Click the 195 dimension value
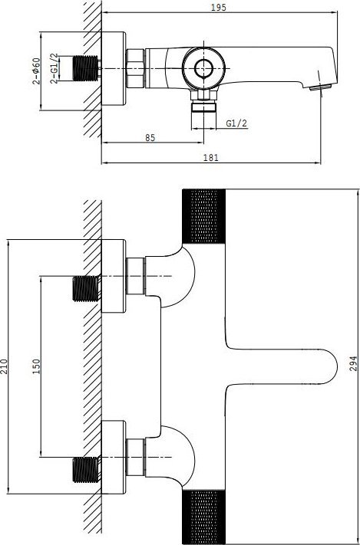coord(219,7)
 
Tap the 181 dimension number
coord(210,157)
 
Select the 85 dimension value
coord(150,138)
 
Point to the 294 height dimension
coord(353,363)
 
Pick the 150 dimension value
coord(36,366)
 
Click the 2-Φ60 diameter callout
coord(36,71)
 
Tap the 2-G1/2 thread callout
coord(54,68)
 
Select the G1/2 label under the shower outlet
coord(236,123)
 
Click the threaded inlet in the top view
coord(86,68)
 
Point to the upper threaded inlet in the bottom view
coord(86,288)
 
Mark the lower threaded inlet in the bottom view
coord(86,470)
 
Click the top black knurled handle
coord(204,216)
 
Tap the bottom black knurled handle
coord(204,517)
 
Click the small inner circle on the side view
coord(203,68)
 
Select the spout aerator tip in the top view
coord(319,88)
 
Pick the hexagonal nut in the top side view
coord(135,68)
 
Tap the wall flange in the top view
coord(113,68)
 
